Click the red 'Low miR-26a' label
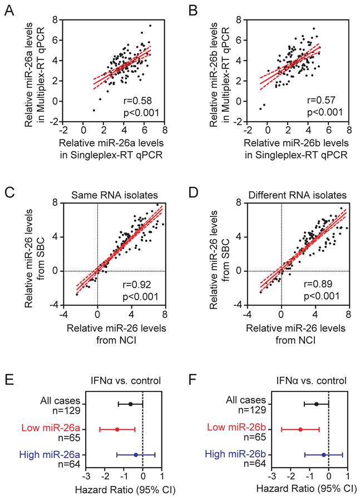(48, 428)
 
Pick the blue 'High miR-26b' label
(233, 455)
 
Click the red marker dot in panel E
(117, 429)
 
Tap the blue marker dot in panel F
(324, 454)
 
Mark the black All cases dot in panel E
(130, 404)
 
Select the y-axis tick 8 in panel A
(56, 19)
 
